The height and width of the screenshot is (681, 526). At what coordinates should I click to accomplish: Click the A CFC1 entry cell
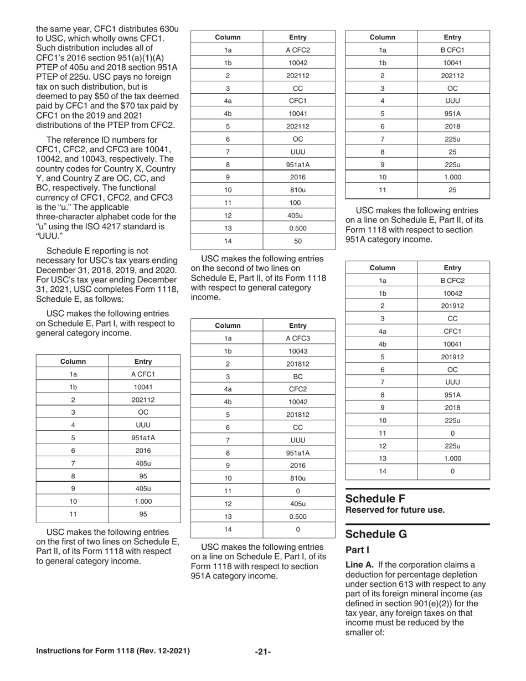143,374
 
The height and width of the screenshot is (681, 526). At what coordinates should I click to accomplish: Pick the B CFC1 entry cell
452,50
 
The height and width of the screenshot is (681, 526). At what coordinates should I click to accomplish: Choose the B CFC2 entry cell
452,281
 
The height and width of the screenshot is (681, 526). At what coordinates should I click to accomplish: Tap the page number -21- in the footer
263,652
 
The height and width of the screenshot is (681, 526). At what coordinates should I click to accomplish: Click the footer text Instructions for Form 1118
113,651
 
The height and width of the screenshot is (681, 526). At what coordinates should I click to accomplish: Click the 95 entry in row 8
143,476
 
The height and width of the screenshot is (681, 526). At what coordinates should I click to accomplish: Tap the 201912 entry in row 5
452,357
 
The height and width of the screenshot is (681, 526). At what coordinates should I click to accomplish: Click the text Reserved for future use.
395,510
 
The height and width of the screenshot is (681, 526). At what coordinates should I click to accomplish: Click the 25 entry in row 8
452,152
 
